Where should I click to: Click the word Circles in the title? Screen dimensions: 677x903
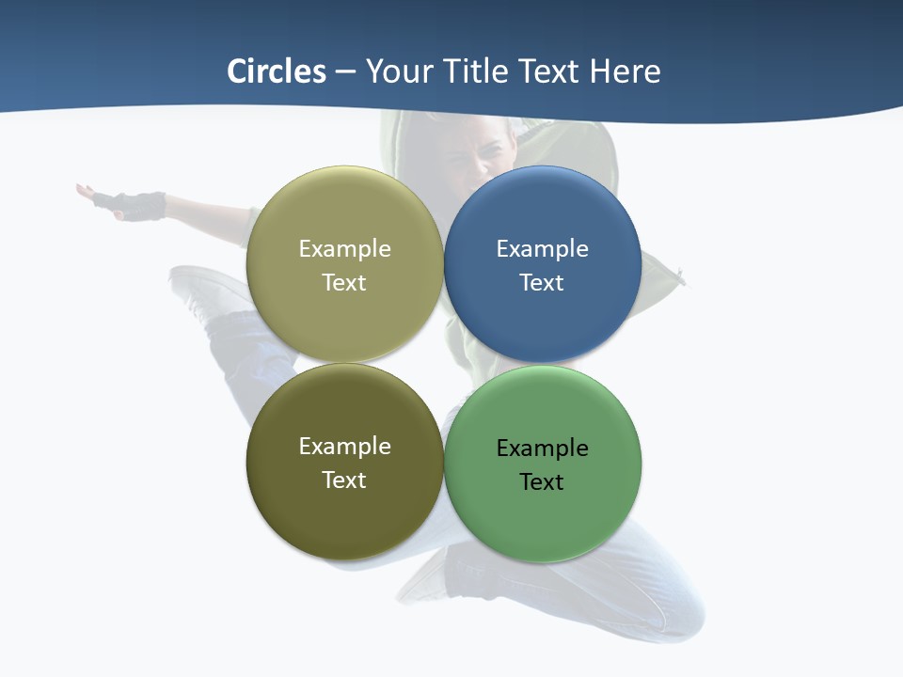(277, 71)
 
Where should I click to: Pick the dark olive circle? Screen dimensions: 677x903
(344, 512)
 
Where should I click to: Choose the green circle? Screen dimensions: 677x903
(542, 517)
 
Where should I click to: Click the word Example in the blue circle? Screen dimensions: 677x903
(542, 249)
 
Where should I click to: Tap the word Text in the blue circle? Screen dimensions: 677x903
(542, 283)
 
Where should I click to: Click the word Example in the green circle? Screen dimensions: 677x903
(542, 449)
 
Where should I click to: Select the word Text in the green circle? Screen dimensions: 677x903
(542, 482)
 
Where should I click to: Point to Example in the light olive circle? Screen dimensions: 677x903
(344, 249)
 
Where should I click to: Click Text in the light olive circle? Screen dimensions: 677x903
(344, 283)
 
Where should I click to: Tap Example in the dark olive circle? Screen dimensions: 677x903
(344, 447)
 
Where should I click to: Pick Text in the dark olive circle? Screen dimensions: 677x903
(344, 480)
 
